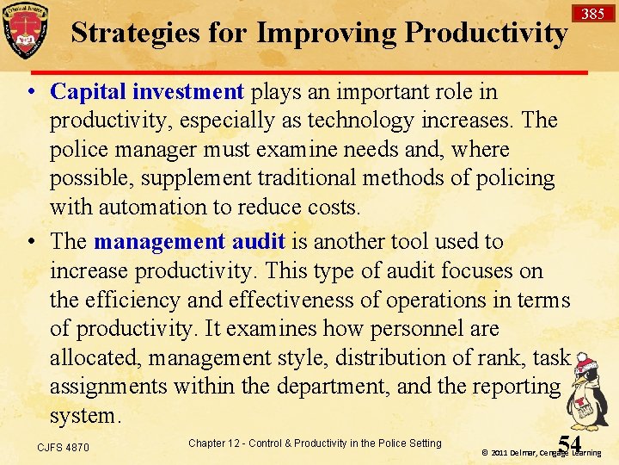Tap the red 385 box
coord(592,14)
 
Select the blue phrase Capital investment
coord(147,91)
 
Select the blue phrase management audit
coord(189,242)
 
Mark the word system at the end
coord(84,416)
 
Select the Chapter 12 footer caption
coord(314,443)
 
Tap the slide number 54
coord(569,443)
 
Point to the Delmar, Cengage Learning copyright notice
coord(542,452)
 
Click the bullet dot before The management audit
coord(31,243)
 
